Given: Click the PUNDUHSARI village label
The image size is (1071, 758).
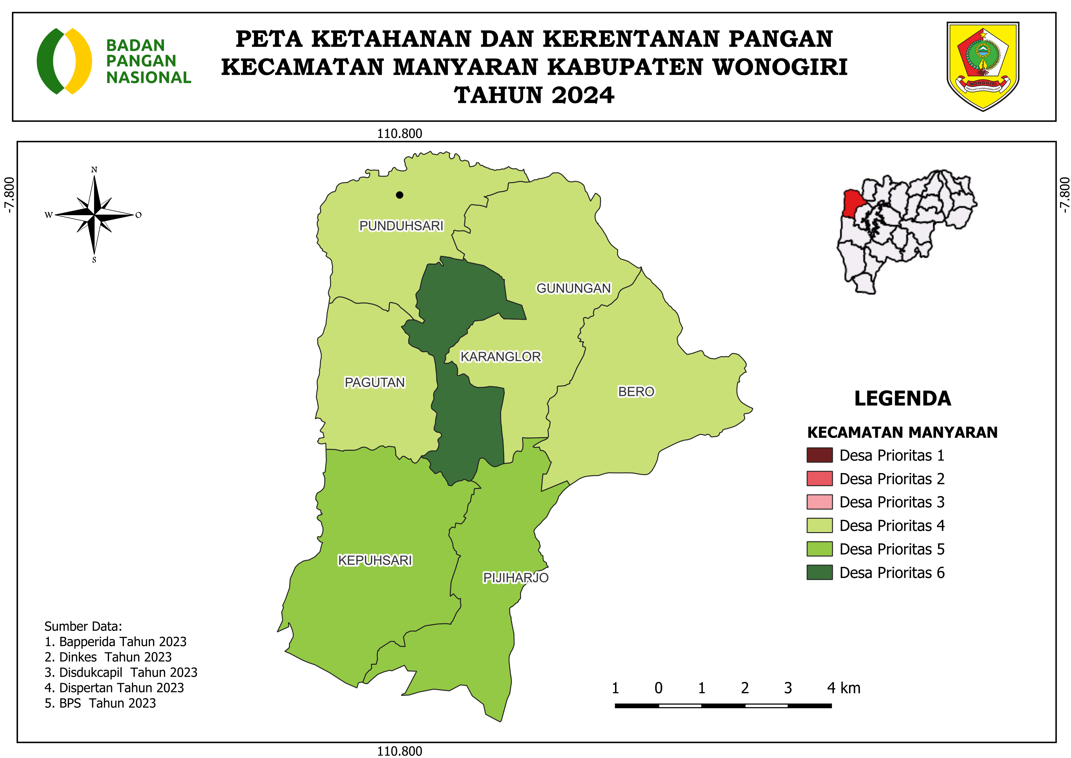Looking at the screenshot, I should click(x=401, y=226).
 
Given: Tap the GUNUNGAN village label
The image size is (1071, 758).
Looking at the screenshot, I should click(x=573, y=289).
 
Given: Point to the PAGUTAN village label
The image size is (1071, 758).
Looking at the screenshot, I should click(x=375, y=382).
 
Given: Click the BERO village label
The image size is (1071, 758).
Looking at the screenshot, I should click(x=636, y=392).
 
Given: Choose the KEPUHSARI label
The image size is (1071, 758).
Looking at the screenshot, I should click(x=375, y=560).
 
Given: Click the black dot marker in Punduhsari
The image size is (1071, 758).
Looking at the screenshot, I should click(x=399, y=195).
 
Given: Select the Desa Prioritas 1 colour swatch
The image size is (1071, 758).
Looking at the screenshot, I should click(x=819, y=455).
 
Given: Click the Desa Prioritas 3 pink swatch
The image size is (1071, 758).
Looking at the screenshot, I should click(x=819, y=502).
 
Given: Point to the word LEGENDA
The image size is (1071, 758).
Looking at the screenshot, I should click(x=902, y=399).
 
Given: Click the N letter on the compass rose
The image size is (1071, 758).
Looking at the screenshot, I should click(x=94, y=170).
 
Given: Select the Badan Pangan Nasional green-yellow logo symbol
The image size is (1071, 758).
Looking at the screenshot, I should click(x=64, y=61).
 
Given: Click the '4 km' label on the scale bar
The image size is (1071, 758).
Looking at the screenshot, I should click(x=843, y=688).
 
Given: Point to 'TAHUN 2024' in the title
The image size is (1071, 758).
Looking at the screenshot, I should click(x=534, y=95).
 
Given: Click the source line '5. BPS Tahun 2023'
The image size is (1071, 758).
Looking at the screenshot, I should click(x=100, y=703).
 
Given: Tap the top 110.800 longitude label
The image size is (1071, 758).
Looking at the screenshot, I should click(x=399, y=134).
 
